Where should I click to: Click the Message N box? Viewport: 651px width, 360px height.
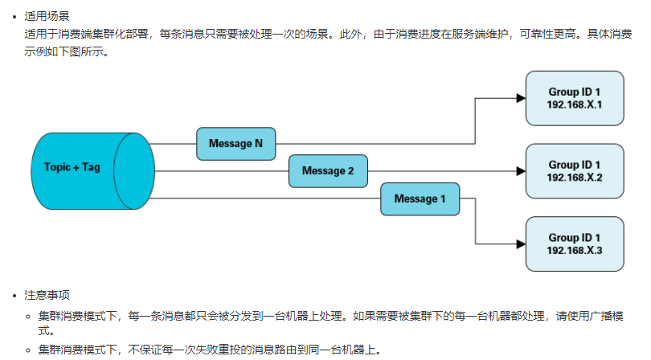tap(236, 144)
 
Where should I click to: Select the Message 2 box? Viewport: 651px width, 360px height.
tap(328, 171)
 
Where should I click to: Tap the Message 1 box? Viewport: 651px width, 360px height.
tap(420, 199)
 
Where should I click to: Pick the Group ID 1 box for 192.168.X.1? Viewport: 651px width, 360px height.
tap(575, 98)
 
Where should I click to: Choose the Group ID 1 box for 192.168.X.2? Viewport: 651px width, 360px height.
tap(575, 170)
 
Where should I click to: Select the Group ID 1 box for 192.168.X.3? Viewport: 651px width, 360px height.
tap(575, 243)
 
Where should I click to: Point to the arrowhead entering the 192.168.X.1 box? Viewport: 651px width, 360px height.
tap(519, 98)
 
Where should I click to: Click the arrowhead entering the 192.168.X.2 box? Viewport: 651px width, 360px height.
tap(519, 171)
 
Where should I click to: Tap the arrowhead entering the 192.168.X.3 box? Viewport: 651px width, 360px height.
tap(519, 243)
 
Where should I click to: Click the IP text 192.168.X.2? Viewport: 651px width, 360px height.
tap(575, 177)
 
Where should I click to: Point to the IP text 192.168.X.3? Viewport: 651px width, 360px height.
tap(575, 250)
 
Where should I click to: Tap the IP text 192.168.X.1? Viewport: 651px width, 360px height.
tap(575, 104)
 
